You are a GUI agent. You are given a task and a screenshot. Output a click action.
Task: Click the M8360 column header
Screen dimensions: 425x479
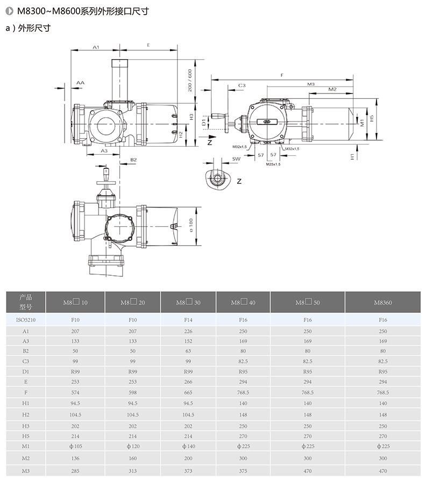(x=383, y=303)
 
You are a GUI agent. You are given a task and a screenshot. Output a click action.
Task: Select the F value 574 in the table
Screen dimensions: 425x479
(x=75, y=392)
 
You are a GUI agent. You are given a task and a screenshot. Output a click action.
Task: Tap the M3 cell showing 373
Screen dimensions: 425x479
(x=188, y=471)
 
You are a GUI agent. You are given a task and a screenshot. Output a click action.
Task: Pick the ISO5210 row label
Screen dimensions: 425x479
(x=26, y=320)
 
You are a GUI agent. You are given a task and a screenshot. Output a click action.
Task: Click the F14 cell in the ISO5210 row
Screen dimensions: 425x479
(x=188, y=320)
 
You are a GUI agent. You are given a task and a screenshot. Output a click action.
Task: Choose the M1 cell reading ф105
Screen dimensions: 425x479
(x=75, y=446)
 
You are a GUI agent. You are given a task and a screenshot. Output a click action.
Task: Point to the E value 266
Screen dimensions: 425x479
(x=188, y=382)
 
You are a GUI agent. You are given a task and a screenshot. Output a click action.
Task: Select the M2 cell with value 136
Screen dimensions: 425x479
(x=75, y=458)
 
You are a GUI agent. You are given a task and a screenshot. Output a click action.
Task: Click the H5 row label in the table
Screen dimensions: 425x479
(x=26, y=436)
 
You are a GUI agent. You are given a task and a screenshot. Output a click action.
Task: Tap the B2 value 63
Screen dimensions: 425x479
(x=188, y=351)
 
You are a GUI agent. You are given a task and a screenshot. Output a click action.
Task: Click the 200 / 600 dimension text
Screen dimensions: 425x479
(x=190, y=80)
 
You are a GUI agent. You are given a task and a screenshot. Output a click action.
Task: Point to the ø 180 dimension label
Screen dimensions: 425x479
(x=191, y=225)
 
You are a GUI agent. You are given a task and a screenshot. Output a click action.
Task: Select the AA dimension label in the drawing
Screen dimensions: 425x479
(x=80, y=82)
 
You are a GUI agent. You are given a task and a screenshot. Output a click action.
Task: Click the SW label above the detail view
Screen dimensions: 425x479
(x=236, y=159)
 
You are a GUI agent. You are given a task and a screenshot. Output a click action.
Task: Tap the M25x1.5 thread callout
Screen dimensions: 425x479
(x=273, y=165)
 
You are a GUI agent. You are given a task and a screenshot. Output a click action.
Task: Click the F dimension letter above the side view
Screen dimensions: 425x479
(x=282, y=75)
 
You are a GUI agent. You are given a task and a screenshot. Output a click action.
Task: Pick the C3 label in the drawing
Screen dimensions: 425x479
(x=242, y=85)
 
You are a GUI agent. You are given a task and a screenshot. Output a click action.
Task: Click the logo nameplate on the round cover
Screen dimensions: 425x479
(x=267, y=121)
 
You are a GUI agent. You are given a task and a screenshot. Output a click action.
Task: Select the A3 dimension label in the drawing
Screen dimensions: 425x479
(x=104, y=151)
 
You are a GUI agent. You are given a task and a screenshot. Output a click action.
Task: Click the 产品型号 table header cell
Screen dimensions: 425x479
(x=26, y=302)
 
